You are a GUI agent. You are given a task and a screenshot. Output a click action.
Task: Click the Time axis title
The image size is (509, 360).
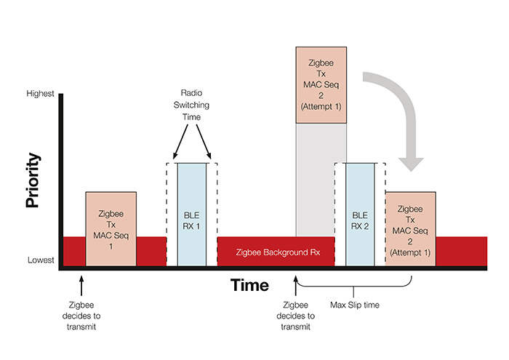[x=249, y=285]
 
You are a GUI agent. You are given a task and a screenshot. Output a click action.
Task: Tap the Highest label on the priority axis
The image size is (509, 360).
[x=41, y=94]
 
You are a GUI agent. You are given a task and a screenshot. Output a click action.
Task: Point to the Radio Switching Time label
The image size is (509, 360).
[x=192, y=105]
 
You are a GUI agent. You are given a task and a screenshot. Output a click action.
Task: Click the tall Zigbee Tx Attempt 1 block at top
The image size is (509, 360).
[x=320, y=84]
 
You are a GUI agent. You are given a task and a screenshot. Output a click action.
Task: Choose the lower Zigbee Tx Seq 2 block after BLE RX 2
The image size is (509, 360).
[x=409, y=229]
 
